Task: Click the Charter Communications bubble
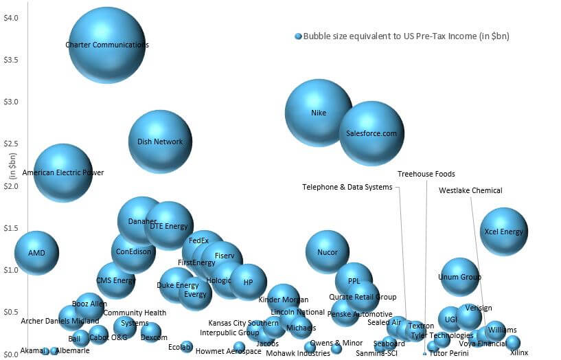pyautogui.click(x=107, y=45)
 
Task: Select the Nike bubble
pyautogui.click(x=319, y=113)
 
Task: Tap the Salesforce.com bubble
pyautogui.click(x=371, y=133)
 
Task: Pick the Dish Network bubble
pyautogui.click(x=160, y=142)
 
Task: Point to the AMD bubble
pyautogui.click(x=36, y=253)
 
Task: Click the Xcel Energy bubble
pyautogui.click(x=504, y=232)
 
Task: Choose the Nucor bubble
pyautogui.click(x=328, y=252)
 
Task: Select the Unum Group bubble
pyautogui.click(x=460, y=277)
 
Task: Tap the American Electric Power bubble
pyautogui.click(x=63, y=173)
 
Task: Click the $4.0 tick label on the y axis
pyautogui.click(x=11, y=18)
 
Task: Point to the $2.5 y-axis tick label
pyautogui.click(x=11, y=144)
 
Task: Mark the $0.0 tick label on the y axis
pyautogui.click(x=11, y=354)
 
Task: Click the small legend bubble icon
pyautogui.click(x=298, y=36)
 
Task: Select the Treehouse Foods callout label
pyautogui.click(x=426, y=174)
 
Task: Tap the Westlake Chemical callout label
pyautogui.click(x=470, y=190)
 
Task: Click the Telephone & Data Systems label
pyautogui.click(x=347, y=187)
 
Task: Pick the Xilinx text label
pyautogui.click(x=519, y=352)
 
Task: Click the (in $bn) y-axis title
pyautogui.click(x=13, y=166)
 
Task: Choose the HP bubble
pyautogui.click(x=248, y=282)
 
